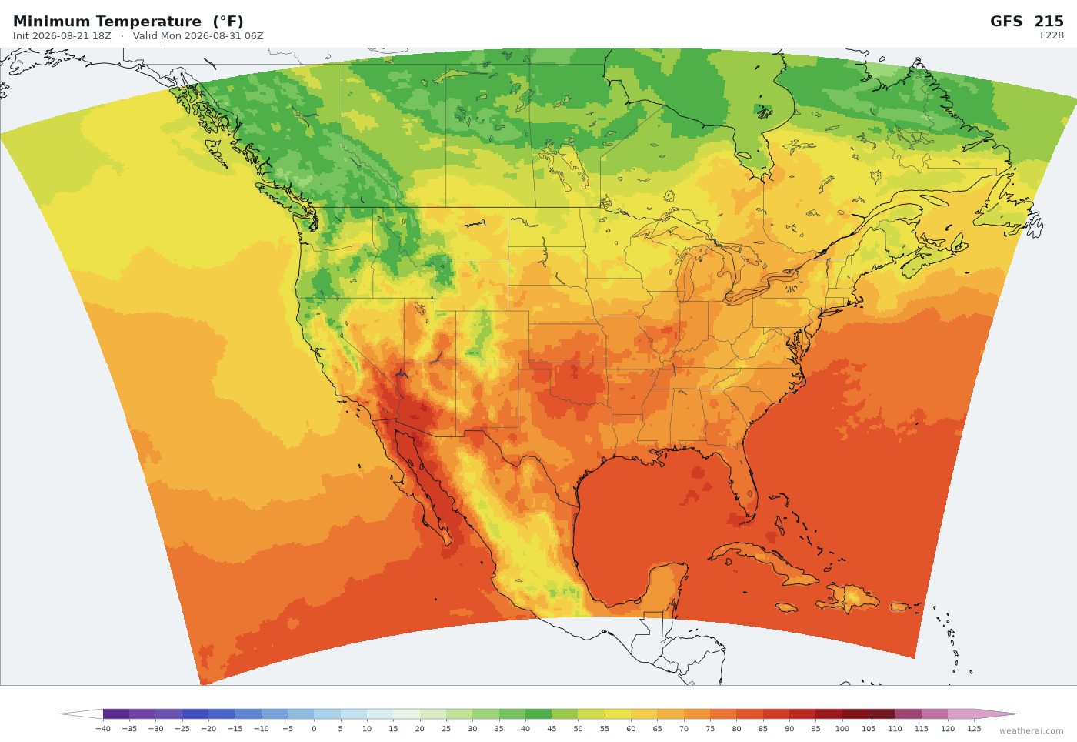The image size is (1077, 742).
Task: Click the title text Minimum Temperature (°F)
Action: [x=128, y=22]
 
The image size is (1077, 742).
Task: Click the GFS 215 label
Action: [x=1026, y=22]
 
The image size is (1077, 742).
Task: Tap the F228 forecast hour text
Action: [x=1052, y=35]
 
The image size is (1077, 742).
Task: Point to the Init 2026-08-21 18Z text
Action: [x=62, y=36]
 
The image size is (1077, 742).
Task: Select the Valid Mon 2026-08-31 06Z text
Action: [x=198, y=36]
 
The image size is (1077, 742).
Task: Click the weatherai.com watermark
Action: [x=1032, y=731]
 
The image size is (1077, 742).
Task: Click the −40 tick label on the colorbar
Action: [x=103, y=728]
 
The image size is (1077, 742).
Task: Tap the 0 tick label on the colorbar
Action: [x=314, y=728]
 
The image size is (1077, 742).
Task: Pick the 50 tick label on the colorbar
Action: [x=578, y=728]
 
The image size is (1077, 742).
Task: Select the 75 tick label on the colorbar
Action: [x=710, y=728]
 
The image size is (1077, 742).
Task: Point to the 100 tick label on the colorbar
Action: [x=842, y=728]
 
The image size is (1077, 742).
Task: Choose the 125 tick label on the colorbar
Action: [x=974, y=728]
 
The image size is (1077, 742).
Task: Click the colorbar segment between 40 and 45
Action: [x=538, y=714]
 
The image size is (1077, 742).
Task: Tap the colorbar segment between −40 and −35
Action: [x=116, y=714]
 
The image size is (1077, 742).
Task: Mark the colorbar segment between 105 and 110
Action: [x=882, y=714]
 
